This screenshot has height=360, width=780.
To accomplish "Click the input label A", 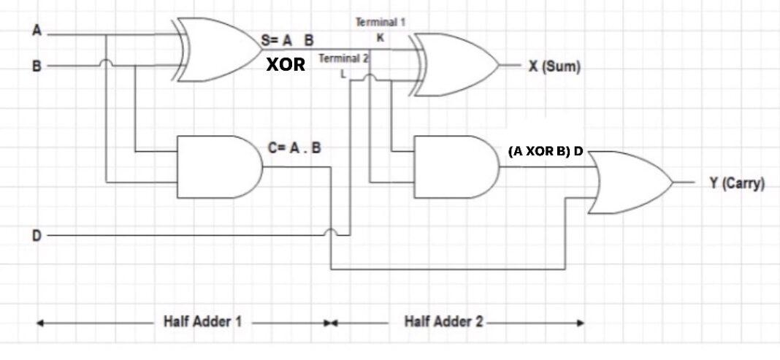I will click(x=37, y=31).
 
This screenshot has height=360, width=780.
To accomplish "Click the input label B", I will click(x=37, y=66).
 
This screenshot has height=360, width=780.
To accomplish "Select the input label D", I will click(x=37, y=236).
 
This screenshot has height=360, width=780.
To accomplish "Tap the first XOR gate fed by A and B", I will click(x=217, y=49).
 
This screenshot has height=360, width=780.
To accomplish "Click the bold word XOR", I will click(x=286, y=64).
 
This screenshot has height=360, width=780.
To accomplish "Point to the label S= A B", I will click(x=287, y=41).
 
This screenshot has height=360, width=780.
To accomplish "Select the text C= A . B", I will click(x=294, y=147).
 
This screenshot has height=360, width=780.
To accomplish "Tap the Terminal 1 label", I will click(x=375, y=23).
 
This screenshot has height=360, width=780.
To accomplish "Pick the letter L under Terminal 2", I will click(x=344, y=74).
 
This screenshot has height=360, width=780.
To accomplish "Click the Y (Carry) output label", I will click(x=737, y=183).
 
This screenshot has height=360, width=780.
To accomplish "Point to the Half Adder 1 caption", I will click(x=202, y=321).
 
